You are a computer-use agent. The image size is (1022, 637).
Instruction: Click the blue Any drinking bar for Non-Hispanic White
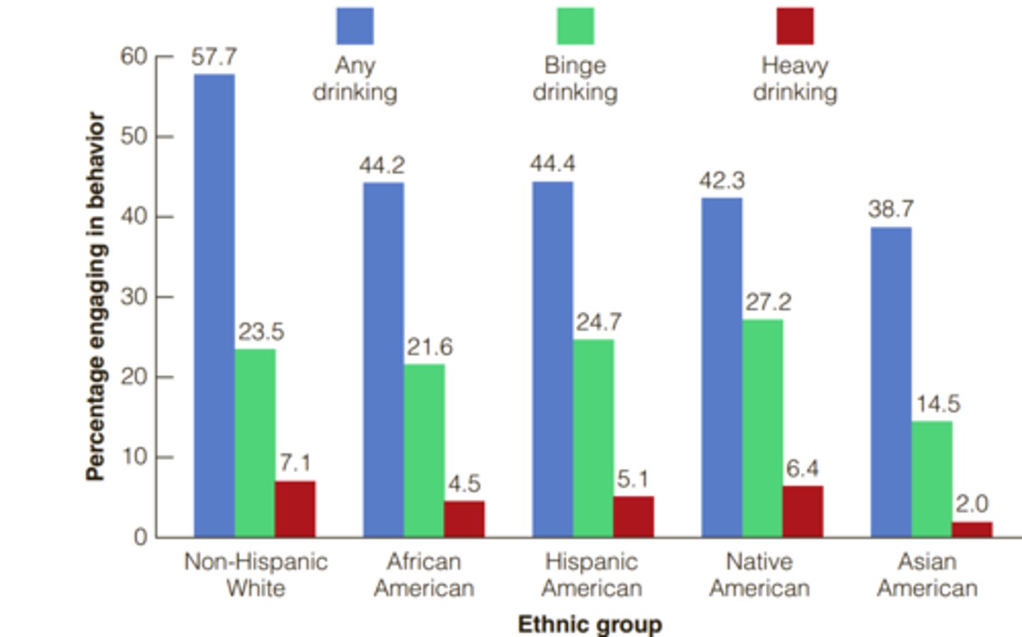(214, 305)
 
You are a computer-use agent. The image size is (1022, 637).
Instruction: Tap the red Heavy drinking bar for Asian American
(972, 529)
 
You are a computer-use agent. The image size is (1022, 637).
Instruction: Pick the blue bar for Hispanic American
(552, 359)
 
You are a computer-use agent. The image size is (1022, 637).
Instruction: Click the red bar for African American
(464, 519)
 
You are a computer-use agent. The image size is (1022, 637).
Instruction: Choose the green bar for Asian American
(932, 479)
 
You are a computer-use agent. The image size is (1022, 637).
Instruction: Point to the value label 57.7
(214, 57)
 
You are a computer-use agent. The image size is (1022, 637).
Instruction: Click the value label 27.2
(768, 302)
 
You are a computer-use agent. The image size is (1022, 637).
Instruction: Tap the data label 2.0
(972, 504)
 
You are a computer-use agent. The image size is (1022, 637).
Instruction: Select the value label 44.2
(382, 165)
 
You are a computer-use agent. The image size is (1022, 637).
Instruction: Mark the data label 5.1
(632, 480)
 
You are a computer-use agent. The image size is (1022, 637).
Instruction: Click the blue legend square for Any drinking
(355, 26)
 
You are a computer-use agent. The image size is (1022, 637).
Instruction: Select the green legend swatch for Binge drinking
(575, 26)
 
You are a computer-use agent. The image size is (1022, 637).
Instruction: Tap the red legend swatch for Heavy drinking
(795, 26)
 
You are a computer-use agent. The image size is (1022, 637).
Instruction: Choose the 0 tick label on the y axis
(140, 537)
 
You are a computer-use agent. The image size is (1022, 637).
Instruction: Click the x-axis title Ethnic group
(590, 624)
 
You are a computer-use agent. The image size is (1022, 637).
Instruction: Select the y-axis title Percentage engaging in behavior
(96, 297)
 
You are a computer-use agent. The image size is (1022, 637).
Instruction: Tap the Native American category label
(759, 575)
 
